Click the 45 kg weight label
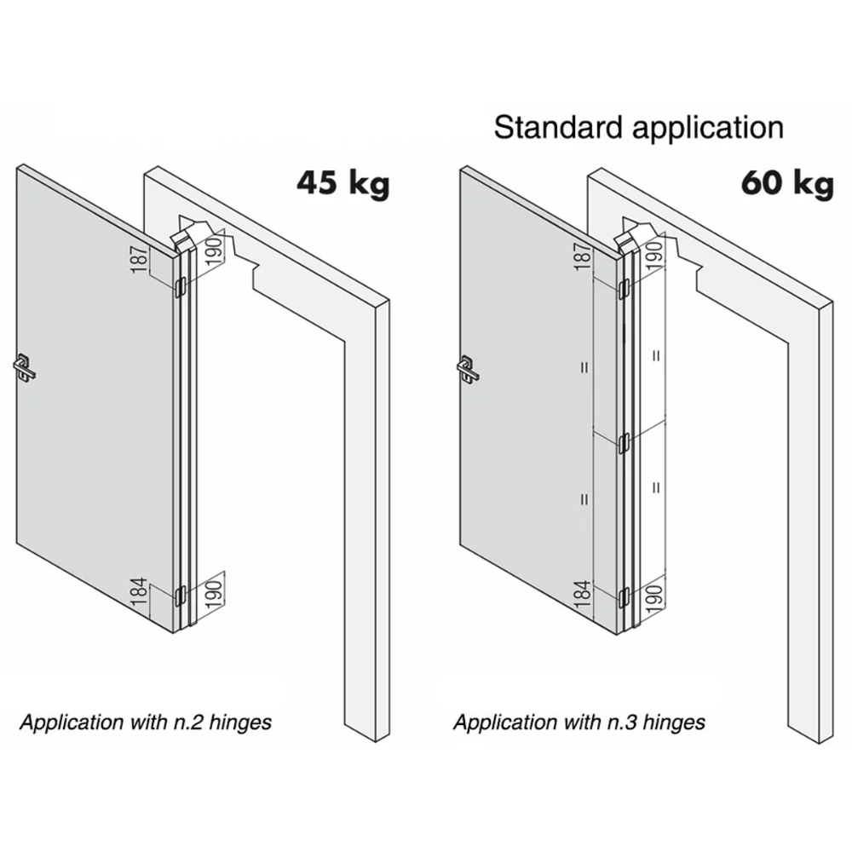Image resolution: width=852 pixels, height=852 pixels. click(x=343, y=183)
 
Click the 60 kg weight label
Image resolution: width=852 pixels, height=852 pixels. click(x=786, y=183)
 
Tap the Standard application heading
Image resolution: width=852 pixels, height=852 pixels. click(x=638, y=128)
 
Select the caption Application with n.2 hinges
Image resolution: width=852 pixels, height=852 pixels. click(x=146, y=723)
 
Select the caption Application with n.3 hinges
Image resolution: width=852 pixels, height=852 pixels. click(x=579, y=723)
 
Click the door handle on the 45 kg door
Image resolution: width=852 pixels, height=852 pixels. click(x=24, y=367)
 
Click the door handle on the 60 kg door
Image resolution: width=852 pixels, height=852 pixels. click(x=468, y=368)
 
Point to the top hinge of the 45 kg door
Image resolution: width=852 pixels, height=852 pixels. click(x=180, y=288)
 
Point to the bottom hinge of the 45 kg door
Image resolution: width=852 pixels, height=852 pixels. click(x=180, y=593)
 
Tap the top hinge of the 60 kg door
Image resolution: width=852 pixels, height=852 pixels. click(x=624, y=289)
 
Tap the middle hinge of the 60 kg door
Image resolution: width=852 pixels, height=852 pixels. click(x=624, y=441)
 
